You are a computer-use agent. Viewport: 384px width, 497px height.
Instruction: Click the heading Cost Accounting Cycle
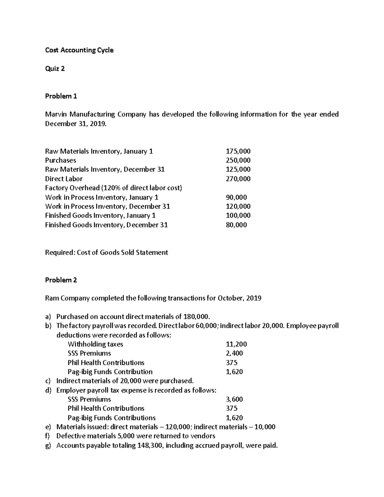coord(79,50)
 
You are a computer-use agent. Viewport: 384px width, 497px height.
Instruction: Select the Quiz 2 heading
coord(55,68)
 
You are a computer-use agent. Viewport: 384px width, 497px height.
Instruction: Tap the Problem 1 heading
coord(61,96)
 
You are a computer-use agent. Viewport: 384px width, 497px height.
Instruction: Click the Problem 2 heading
coord(61,280)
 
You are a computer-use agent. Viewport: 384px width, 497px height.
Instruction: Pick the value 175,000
coord(238,151)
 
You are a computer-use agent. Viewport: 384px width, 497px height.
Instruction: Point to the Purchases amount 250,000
coord(238,160)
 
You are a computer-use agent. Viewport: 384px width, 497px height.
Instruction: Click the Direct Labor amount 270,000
coord(238,179)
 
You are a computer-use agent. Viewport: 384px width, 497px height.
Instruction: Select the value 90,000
coord(236,197)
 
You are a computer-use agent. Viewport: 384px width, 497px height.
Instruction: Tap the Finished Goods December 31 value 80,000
coord(236,225)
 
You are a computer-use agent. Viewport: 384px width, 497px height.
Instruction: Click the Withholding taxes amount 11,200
coord(236,344)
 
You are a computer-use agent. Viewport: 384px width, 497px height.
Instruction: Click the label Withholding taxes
coord(95,344)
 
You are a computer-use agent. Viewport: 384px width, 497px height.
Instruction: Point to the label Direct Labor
coord(64,179)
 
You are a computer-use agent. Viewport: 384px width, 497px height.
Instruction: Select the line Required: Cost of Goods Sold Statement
coord(106,253)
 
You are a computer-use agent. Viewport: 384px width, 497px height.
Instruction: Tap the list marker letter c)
coord(48,381)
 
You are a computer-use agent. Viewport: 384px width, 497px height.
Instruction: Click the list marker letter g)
coord(48,445)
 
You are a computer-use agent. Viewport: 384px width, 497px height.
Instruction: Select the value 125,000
coord(238,169)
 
